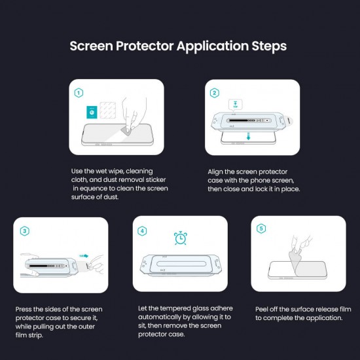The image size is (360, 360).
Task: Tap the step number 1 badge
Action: pyautogui.click(x=79, y=93)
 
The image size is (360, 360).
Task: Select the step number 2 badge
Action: pyautogui.click(x=215, y=93)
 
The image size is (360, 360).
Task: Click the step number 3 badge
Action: pyautogui.click(x=24, y=230)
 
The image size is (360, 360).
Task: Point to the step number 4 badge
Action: pyautogui.click(x=143, y=230)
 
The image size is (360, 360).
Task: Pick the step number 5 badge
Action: pyautogui.click(x=262, y=229)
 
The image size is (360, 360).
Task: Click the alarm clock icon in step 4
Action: pyautogui.click(x=179, y=238)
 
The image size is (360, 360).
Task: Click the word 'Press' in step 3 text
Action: pyautogui.click(x=24, y=309)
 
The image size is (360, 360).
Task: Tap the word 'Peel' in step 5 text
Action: pyautogui.click(x=263, y=309)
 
